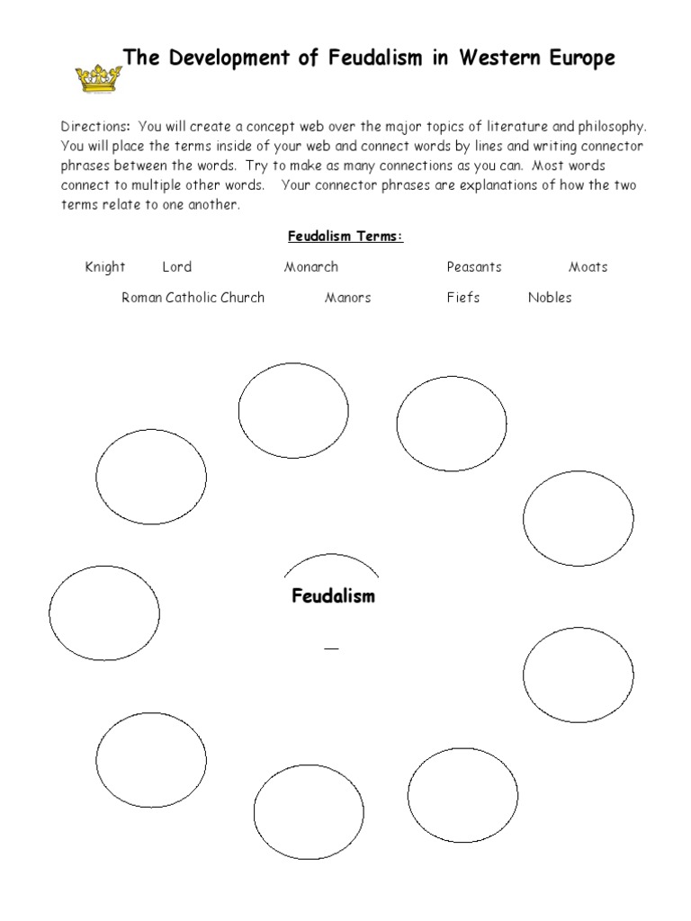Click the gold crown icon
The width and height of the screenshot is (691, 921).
pos(97,78)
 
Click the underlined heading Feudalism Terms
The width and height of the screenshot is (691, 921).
pos(345,237)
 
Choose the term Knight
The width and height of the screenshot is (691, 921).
pos(105,267)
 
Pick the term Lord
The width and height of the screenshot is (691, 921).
pos(177,267)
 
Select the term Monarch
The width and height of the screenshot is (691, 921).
pos(311,267)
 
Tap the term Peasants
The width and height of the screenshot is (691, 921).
pos(474,267)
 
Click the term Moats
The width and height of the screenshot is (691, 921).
pos(588,267)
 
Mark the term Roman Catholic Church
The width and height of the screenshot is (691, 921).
pos(193,298)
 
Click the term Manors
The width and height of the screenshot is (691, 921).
pos(347,298)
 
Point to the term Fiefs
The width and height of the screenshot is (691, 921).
pos(463,298)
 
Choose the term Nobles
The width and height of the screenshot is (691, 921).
pos(550,298)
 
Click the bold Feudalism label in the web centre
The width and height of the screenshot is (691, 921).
pos(333,596)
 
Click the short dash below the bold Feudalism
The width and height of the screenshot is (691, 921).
pos(332,648)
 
